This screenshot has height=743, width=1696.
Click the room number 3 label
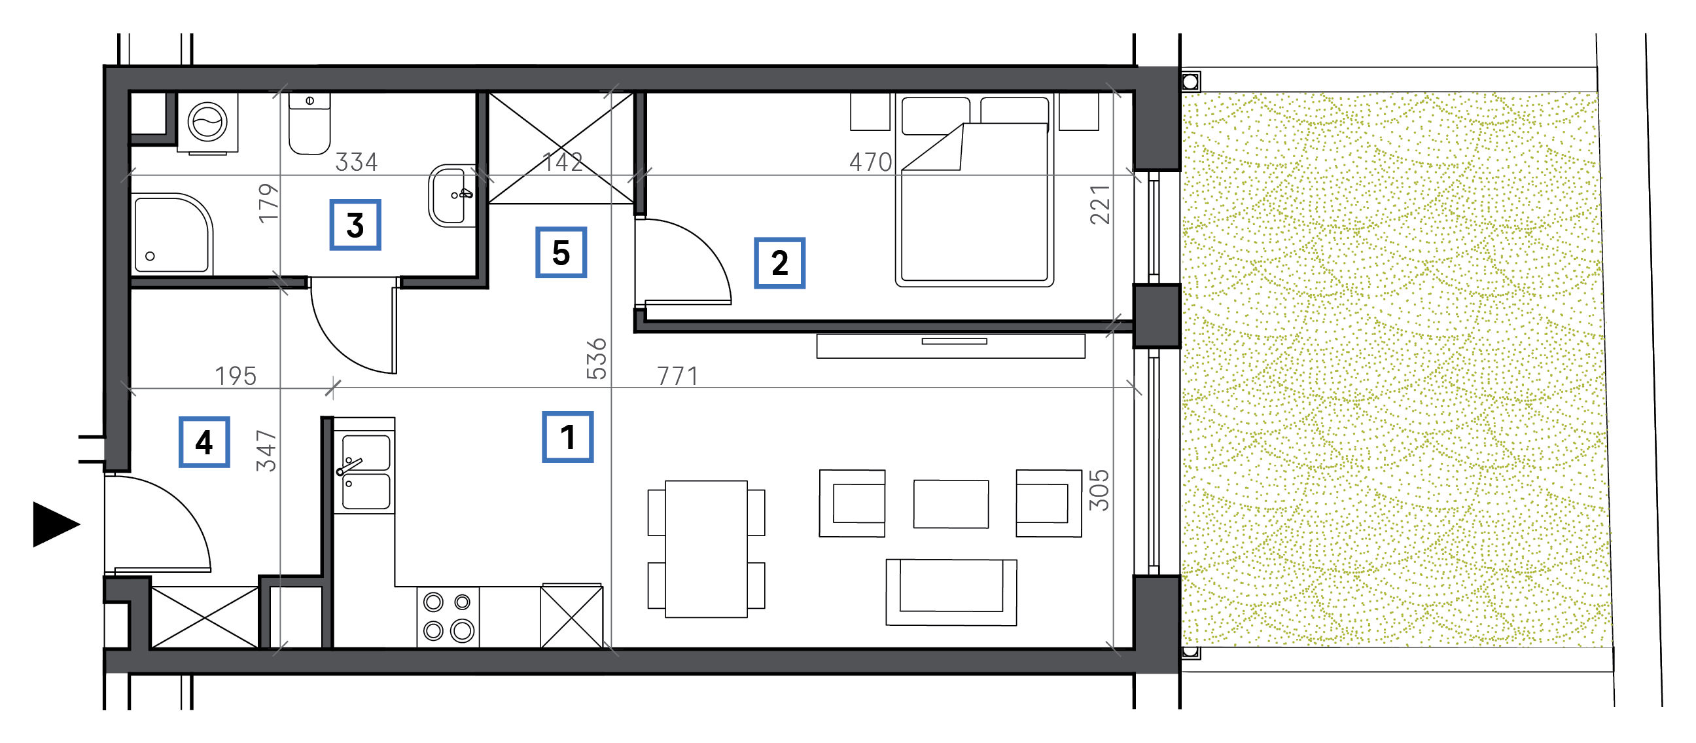(x=355, y=225)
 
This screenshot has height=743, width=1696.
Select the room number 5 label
(x=561, y=252)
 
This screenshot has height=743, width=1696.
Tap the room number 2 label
(x=779, y=263)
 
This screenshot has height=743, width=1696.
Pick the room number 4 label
(x=204, y=442)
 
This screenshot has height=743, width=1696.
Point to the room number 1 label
(x=567, y=437)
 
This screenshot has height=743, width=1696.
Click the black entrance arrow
(x=56, y=524)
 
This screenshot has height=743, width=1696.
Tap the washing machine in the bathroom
(x=207, y=123)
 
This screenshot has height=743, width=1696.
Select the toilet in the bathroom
(x=309, y=123)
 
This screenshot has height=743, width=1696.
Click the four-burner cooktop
(x=448, y=617)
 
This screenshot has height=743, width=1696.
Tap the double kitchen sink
(x=364, y=471)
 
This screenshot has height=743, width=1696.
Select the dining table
(x=706, y=549)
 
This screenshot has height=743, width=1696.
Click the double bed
(x=974, y=190)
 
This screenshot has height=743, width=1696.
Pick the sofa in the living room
(x=951, y=592)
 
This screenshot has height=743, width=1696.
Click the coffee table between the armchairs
(x=951, y=504)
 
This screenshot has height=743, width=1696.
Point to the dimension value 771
(x=677, y=376)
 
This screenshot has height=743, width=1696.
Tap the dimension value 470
(x=870, y=162)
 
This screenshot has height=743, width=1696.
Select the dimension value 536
(x=597, y=359)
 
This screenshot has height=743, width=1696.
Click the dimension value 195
(x=236, y=376)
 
